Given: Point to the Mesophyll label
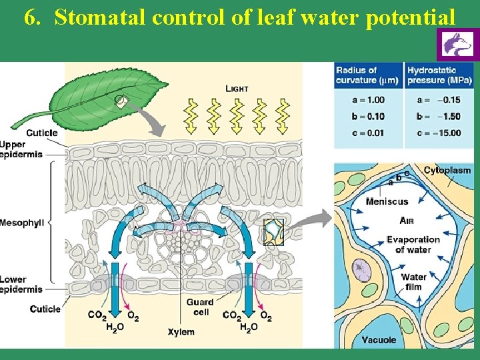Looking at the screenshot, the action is [x=22, y=223].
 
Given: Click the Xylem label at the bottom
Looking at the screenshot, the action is [x=181, y=331].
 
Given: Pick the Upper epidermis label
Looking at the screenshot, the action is [x=21, y=149].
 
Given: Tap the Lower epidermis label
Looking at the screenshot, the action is [x=21, y=284].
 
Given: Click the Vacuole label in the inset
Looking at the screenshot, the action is [x=379, y=339].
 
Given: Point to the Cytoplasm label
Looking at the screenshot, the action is [x=447, y=171].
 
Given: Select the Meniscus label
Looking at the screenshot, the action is [x=387, y=201].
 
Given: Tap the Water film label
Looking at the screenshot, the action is [x=413, y=282].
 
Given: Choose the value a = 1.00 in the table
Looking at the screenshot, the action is [x=367, y=100].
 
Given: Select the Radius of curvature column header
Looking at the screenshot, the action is [x=367, y=75].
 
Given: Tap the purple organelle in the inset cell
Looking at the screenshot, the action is [x=361, y=270].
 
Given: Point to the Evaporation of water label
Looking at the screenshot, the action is [x=413, y=244].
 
